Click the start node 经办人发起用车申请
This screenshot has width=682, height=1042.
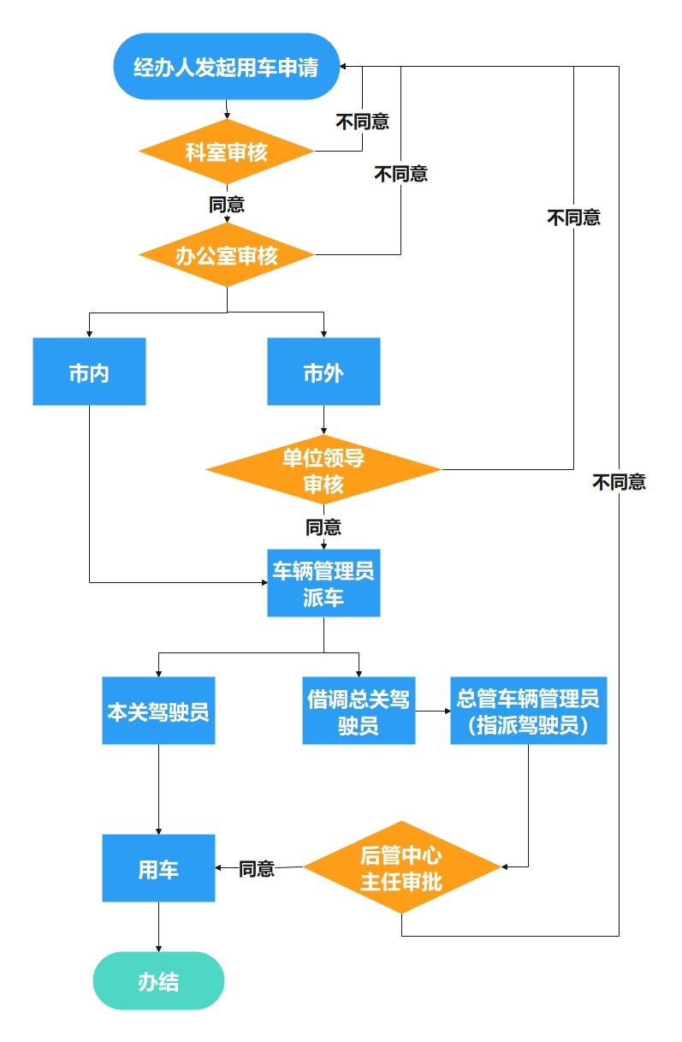coord(227,67)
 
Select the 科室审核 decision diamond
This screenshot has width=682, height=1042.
coord(227,152)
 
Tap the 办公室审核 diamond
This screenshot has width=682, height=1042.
coord(227,255)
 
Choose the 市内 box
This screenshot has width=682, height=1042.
coord(89,372)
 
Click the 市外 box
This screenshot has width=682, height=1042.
coord(323,372)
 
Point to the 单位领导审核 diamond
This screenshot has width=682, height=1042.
coord(323,470)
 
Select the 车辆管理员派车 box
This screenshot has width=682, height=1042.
coord(323,583)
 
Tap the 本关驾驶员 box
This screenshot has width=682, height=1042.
coord(158,711)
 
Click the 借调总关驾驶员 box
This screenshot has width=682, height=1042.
coord(359,711)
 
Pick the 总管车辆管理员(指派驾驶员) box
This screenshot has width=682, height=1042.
coord(528,711)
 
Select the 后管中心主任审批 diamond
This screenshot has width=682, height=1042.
coord(401,867)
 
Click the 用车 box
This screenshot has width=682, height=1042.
coord(158,868)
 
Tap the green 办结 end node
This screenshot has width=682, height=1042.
coord(158,980)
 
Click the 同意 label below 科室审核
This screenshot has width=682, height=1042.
coord(227,205)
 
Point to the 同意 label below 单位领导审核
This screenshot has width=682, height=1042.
coord(323,527)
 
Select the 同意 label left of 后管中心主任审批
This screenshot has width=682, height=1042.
coord(257,869)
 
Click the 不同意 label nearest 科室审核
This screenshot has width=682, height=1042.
coord(362,122)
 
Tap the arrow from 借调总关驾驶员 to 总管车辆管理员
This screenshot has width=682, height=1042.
coord(433,711)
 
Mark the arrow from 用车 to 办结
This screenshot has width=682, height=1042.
coord(158,926)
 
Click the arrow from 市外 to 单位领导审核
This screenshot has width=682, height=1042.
coord(323,421)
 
